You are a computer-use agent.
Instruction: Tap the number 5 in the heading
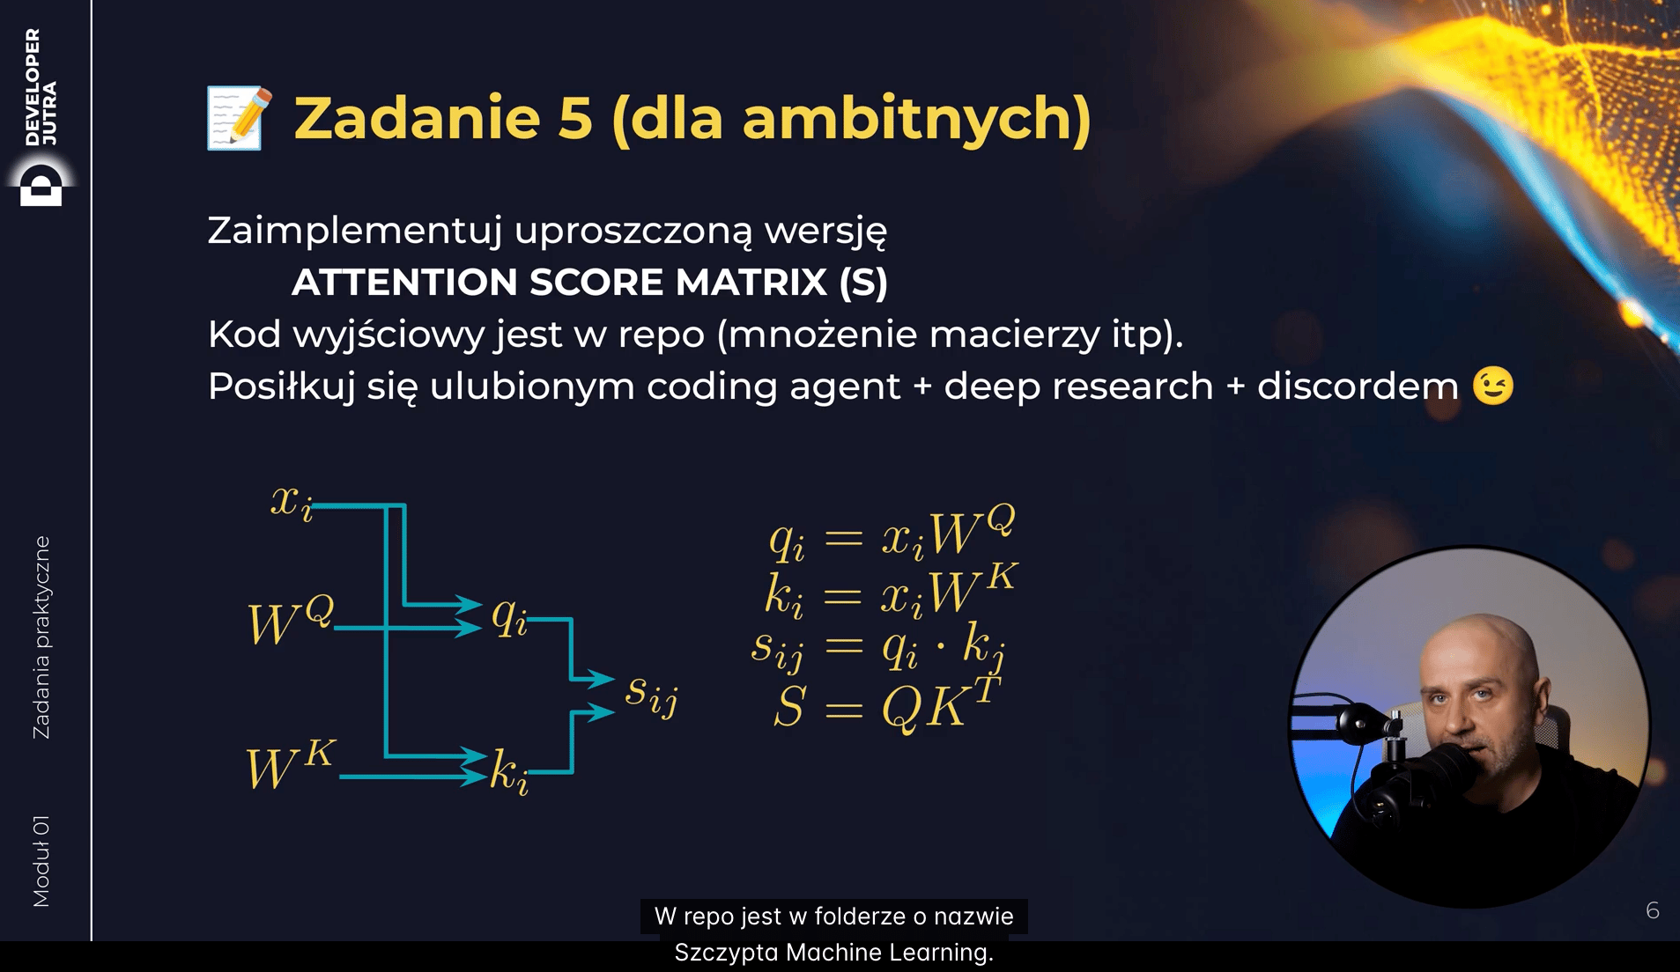[574, 119]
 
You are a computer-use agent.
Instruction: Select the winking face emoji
[1493, 386]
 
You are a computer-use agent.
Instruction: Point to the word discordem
[1357, 387]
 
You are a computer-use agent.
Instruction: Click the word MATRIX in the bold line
[751, 283]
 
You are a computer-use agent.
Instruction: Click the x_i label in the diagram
[292, 504]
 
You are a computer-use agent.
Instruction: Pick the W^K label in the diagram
[290, 764]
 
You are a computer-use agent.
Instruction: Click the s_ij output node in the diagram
[651, 695]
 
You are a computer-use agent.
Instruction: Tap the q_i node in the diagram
[509, 615]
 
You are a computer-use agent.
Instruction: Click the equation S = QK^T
[886, 703]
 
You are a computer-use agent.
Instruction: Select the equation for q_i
[892, 534]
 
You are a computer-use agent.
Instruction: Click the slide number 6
[1652, 910]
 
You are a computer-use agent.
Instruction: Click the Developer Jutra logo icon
[41, 184]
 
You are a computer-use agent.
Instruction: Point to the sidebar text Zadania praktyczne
[41, 637]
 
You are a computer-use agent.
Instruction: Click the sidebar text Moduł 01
[41, 861]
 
